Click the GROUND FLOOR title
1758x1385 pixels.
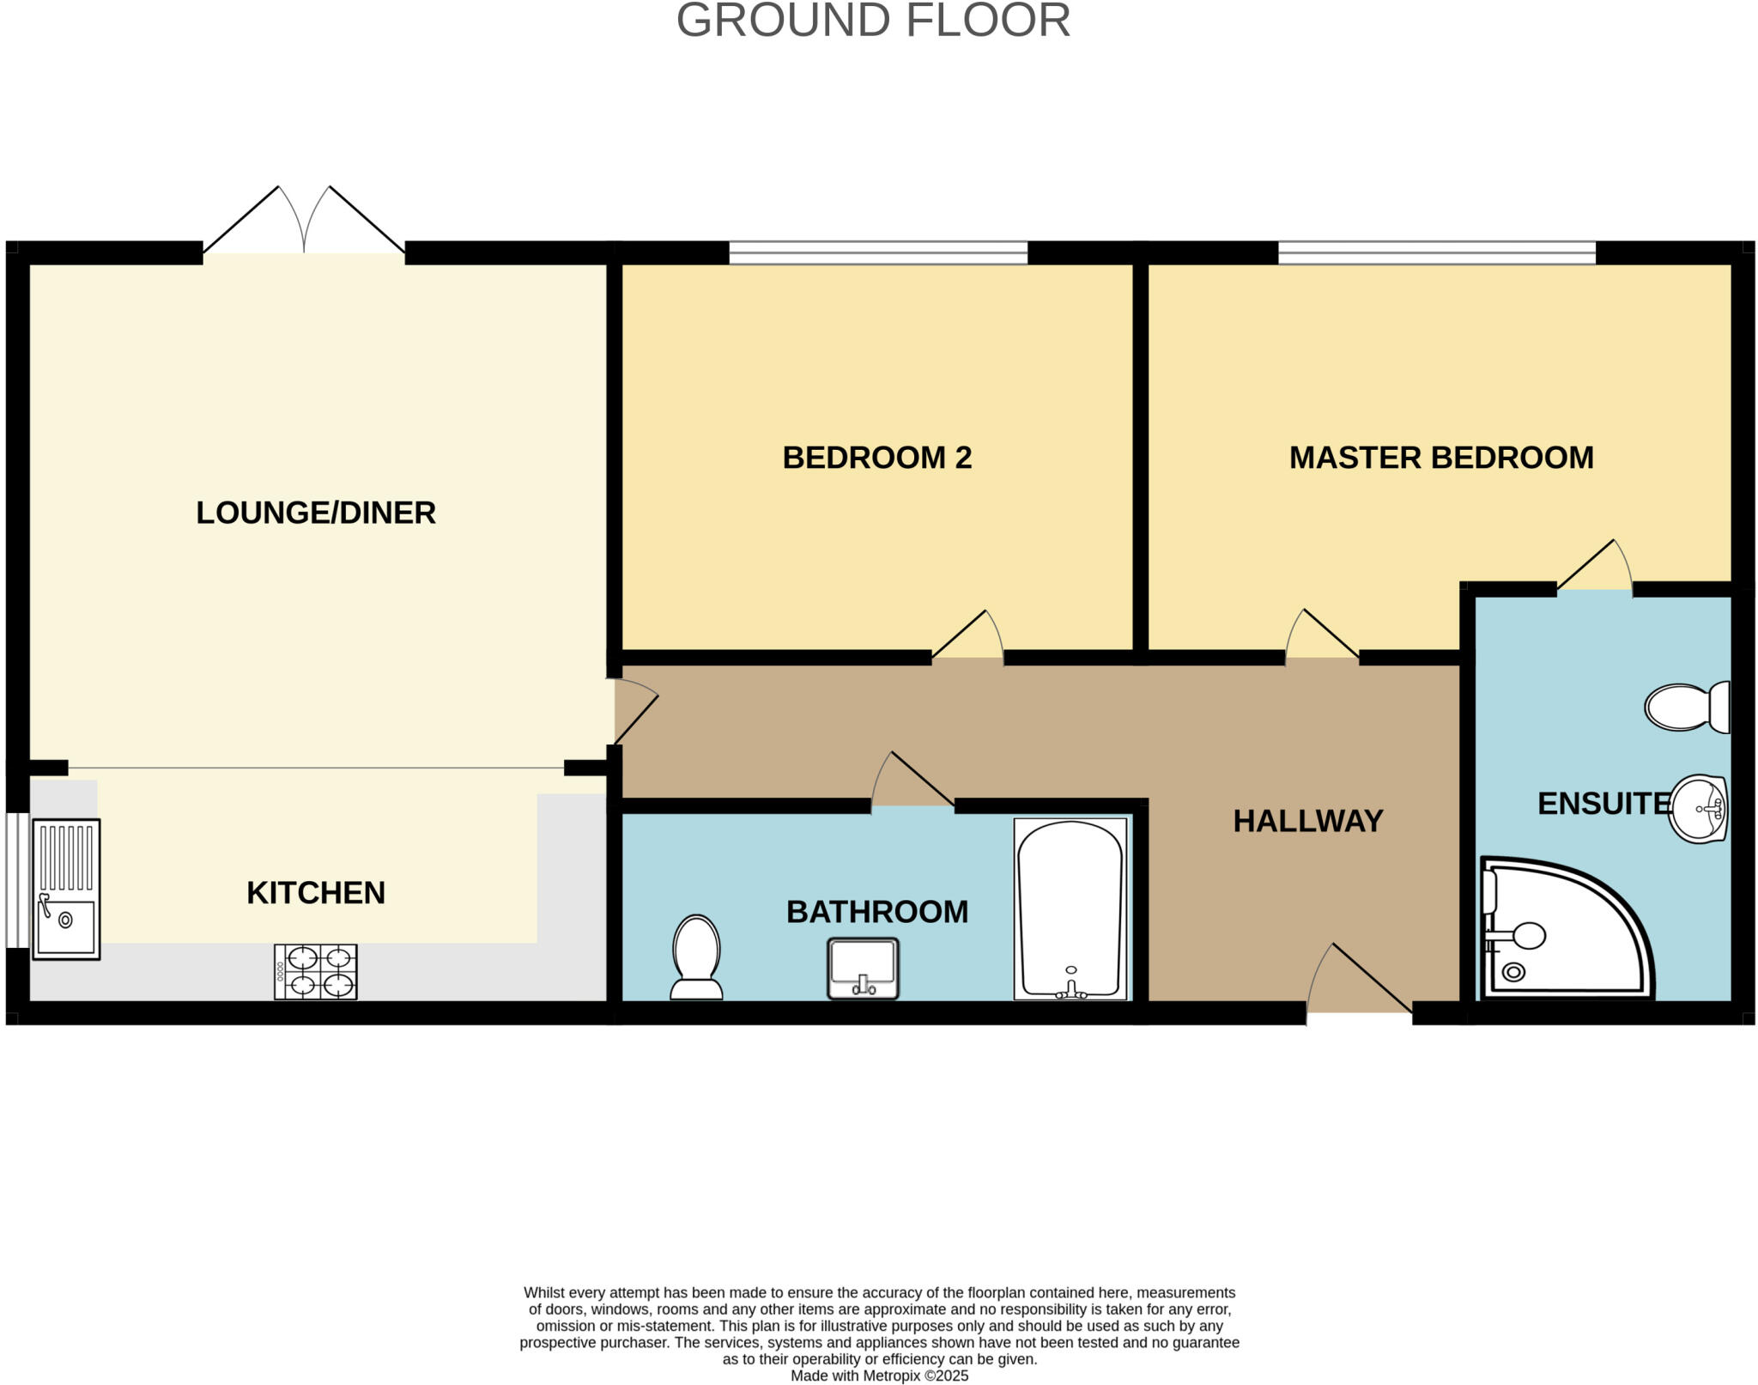(x=873, y=21)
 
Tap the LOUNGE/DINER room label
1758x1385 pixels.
(x=316, y=513)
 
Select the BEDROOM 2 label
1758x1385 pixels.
(x=876, y=458)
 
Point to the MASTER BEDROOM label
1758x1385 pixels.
(x=1440, y=458)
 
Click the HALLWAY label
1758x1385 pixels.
(x=1307, y=821)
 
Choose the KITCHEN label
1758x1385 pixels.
(x=316, y=893)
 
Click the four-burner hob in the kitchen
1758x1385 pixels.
(x=315, y=972)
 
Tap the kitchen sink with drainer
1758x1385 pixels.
(x=66, y=889)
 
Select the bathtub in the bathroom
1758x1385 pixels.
(x=1070, y=908)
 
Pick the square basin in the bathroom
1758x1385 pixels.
(x=863, y=969)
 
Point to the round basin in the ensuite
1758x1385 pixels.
(x=1698, y=808)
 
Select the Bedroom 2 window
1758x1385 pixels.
(x=877, y=252)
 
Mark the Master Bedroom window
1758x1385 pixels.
(x=1436, y=252)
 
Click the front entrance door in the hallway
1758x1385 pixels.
(x=1359, y=983)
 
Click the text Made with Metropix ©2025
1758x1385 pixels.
(x=879, y=1376)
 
